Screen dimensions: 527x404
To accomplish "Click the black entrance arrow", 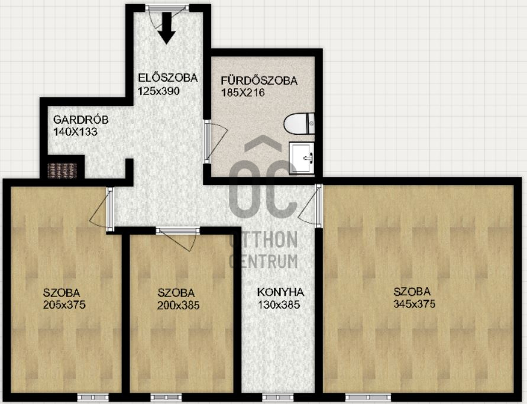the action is (x=166, y=28).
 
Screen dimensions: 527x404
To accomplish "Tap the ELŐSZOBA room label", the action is (x=168, y=78).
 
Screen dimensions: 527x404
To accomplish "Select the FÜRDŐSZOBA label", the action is (x=259, y=80).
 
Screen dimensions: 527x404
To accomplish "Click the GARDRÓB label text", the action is (x=80, y=119).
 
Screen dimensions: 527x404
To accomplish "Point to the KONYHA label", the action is (x=280, y=292).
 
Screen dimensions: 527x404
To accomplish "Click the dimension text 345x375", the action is (x=414, y=304).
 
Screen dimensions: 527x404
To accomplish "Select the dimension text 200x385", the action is (x=178, y=305).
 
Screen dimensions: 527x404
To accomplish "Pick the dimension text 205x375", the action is (x=64, y=305).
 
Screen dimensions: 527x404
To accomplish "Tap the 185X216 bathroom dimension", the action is (x=243, y=92).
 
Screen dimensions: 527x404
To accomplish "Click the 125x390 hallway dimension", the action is (x=159, y=91).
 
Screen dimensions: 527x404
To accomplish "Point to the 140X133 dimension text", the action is (x=75, y=132).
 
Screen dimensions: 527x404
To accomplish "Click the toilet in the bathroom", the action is (x=299, y=124).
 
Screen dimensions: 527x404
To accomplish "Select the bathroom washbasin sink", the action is (x=302, y=157).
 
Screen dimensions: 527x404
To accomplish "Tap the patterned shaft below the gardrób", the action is (x=62, y=170).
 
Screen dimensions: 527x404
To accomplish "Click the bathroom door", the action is (x=215, y=142).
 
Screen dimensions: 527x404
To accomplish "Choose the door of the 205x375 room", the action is (x=102, y=209).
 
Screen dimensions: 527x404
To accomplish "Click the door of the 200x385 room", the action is (x=178, y=238).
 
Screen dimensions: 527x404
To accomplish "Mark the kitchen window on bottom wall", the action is (x=277, y=396).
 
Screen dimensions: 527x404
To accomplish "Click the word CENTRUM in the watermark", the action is (x=264, y=261).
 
